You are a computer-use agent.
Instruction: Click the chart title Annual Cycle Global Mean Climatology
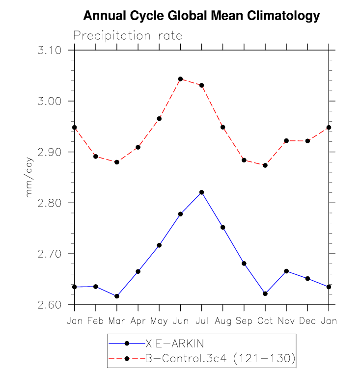[201, 16]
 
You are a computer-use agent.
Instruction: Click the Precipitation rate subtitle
[128, 36]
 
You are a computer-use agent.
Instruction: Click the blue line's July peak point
[201, 192]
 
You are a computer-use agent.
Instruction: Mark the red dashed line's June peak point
[180, 79]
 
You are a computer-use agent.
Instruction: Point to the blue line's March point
[117, 296]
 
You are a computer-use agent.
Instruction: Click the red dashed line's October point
[265, 165]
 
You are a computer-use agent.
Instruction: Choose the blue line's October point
[265, 293]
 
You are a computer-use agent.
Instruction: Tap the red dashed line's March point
[117, 162]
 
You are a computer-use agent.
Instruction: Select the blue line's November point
[286, 271]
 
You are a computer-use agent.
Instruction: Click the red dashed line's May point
[159, 119]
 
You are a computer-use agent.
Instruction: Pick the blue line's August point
[222, 227]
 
